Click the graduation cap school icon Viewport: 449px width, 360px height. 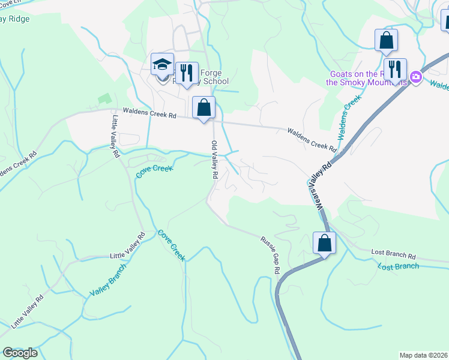click(x=162, y=64)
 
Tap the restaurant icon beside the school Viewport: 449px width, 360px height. click(x=187, y=73)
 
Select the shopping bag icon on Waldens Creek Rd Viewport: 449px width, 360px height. click(x=204, y=107)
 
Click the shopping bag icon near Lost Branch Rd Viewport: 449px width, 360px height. click(x=324, y=243)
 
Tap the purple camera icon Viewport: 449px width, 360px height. click(x=415, y=77)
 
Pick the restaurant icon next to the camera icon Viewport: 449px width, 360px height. click(x=395, y=69)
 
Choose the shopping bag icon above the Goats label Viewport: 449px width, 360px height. click(x=387, y=40)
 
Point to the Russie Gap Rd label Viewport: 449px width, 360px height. click(x=270, y=256)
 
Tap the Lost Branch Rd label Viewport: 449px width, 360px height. click(x=393, y=255)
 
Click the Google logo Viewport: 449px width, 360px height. click(x=20, y=352)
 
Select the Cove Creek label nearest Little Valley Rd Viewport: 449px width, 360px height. click(x=154, y=170)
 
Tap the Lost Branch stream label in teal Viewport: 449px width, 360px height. click(x=399, y=266)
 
